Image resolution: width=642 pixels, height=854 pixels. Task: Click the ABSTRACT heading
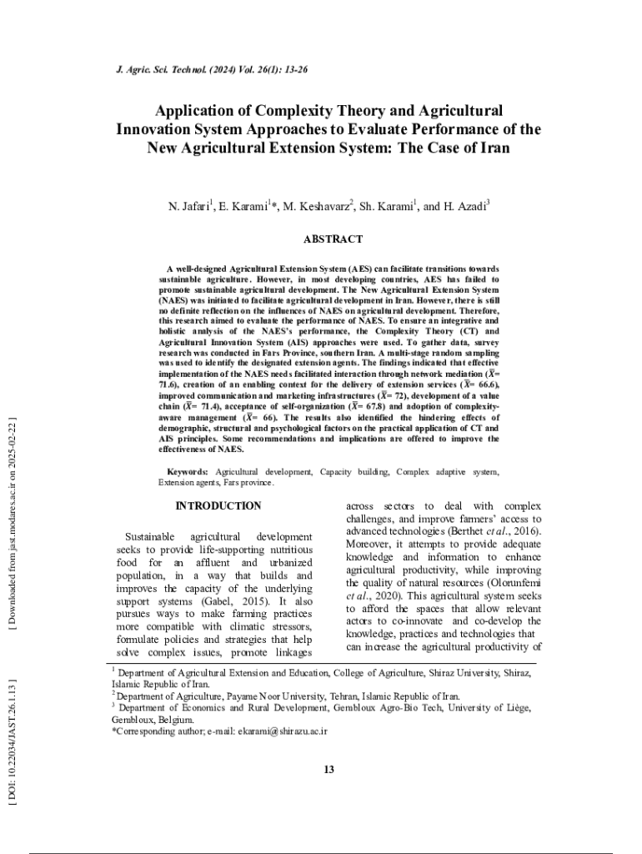333,239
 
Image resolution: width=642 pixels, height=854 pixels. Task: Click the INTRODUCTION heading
218,506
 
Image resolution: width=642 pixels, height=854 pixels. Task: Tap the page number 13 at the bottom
329,769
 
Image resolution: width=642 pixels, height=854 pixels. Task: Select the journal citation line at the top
211,69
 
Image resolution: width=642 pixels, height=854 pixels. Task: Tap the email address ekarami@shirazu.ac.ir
282,731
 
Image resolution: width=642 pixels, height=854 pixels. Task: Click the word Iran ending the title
493,148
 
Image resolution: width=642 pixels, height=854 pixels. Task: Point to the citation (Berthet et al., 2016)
479,531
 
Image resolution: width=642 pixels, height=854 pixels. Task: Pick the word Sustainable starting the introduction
149,537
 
